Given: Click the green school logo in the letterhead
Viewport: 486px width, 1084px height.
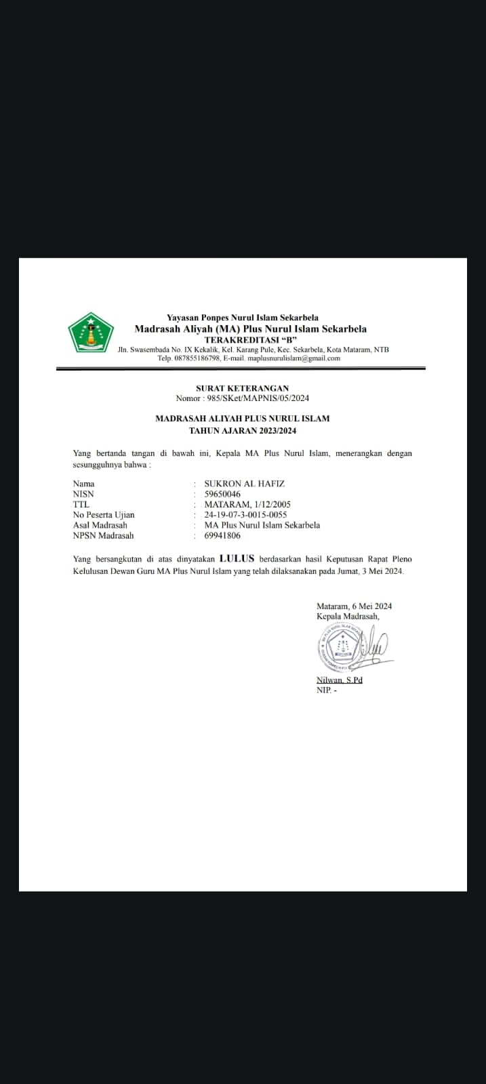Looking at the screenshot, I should pos(90,333).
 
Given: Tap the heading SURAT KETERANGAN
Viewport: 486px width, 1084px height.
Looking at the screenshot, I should pos(242,388).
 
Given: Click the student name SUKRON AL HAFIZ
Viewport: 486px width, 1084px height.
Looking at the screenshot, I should pos(244,484).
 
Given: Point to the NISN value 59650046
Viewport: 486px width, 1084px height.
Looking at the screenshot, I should pos(222,495).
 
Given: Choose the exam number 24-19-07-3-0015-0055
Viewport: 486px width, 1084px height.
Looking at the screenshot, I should pos(245,515).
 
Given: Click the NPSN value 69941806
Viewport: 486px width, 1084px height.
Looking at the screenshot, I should pos(222,535).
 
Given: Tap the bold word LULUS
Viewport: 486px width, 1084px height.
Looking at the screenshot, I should pos(237,559).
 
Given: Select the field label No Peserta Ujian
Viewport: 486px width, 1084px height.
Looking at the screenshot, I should pos(104,515).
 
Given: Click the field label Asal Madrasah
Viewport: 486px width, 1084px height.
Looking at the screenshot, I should pos(100,525).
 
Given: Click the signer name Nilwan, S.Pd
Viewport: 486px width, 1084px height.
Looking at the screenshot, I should pos(340,680).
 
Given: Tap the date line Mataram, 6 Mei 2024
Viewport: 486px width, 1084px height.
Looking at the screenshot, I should pos(354,606).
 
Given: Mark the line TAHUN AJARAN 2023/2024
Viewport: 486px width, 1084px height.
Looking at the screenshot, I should pos(242,430).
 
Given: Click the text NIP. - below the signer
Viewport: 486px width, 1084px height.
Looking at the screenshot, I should pos(326,690).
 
